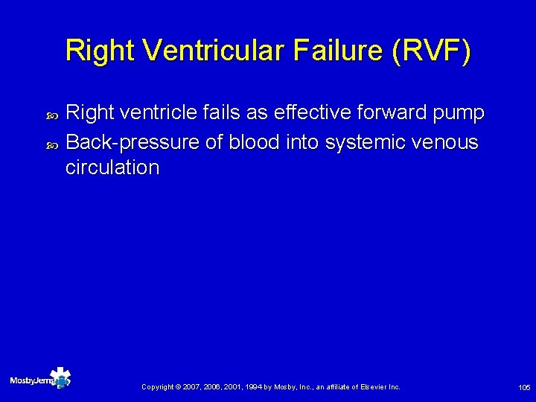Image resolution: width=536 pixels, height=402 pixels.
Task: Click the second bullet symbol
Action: point(51,141)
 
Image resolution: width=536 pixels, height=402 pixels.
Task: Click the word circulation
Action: point(112,167)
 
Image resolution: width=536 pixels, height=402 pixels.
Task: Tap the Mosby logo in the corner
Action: point(40,379)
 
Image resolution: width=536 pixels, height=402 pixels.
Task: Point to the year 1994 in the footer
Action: point(249,387)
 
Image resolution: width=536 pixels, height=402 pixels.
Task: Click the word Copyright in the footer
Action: point(157,387)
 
